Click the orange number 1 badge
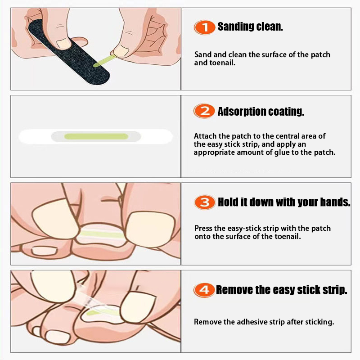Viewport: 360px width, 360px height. tap(204, 27)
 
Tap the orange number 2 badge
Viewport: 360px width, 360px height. tap(204, 111)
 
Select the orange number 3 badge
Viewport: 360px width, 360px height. tap(205, 202)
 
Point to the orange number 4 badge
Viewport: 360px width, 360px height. tap(204, 290)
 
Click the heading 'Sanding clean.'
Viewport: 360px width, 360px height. tap(250, 27)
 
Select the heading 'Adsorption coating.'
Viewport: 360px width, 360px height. tap(261, 112)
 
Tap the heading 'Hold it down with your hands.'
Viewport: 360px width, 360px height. tap(284, 202)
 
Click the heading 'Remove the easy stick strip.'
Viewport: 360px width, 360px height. tap(282, 290)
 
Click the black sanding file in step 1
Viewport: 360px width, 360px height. tap(69, 52)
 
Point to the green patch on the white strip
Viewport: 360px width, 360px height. tap(96, 136)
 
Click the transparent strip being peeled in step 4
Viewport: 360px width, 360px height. tap(92, 298)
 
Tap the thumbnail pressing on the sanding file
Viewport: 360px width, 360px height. tap(63, 43)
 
